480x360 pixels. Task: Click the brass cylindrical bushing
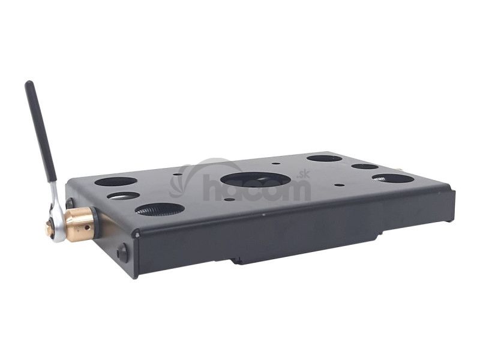click(79, 220)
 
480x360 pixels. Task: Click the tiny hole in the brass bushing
click(88, 227)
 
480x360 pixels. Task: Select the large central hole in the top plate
click(256, 179)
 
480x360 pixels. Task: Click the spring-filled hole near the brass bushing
click(160, 209)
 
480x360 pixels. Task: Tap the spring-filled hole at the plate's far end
click(393, 178)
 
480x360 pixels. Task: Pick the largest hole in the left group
click(116, 181)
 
